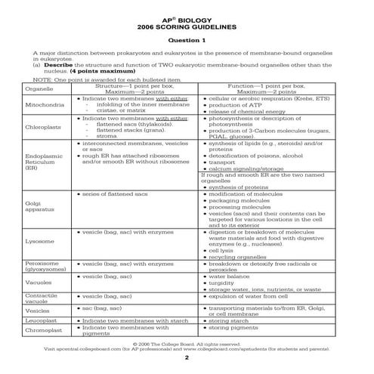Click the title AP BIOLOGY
(x=187, y=14)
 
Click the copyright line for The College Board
(x=187, y=343)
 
